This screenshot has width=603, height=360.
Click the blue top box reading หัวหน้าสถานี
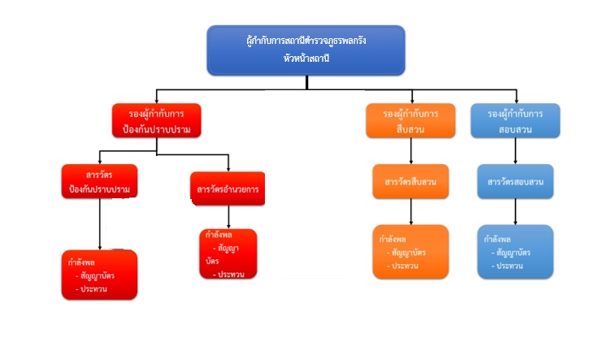(306, 49)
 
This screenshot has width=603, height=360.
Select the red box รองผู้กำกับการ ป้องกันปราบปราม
(156, 120)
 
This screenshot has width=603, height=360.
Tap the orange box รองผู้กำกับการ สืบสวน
(410, 120)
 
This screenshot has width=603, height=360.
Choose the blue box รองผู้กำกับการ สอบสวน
(516, 120)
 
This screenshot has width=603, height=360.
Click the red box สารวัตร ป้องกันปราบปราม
(99, 182)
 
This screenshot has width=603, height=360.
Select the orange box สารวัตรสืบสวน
(410, 182)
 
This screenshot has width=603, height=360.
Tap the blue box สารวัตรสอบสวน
(516, 182)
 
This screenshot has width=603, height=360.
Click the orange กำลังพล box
(410, 251)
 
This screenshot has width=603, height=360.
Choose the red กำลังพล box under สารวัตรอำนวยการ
(228, 254)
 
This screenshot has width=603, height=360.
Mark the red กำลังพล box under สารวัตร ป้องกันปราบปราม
(99, 275)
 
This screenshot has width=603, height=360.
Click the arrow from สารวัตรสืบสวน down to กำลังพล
(411, 211)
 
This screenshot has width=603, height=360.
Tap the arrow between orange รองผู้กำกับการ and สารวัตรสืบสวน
(411, 151)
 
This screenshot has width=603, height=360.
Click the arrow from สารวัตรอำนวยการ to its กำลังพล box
(228, 216)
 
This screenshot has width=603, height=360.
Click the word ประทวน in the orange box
(405, 267)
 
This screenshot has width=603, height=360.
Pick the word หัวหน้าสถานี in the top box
(306, 58)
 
